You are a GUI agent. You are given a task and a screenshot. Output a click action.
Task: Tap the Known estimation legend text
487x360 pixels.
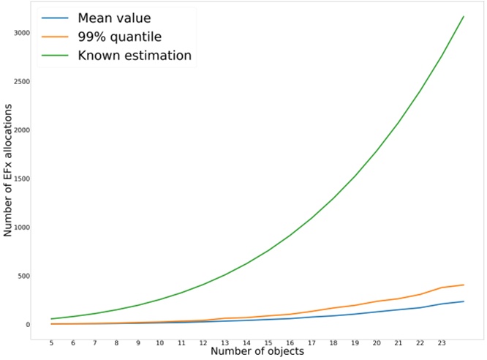pos(135,55)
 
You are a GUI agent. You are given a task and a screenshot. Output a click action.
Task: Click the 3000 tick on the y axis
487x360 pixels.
pos(20,33)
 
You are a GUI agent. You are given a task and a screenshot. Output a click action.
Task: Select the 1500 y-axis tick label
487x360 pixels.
pos(20,179)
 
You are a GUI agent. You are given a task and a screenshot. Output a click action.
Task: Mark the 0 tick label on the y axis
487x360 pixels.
pos(26,325)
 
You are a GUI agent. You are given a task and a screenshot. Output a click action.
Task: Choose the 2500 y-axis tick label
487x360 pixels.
pos(20,81)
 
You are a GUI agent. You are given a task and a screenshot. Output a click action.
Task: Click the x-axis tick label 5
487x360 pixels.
pos(51,342)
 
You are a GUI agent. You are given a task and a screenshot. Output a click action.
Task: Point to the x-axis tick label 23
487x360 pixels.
pos(441,342)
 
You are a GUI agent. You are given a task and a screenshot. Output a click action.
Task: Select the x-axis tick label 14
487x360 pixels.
pos(246,342)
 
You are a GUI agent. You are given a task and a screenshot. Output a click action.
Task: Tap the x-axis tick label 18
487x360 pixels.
pos(333,342)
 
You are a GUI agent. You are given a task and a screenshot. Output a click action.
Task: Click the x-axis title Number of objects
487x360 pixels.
pos(257,352)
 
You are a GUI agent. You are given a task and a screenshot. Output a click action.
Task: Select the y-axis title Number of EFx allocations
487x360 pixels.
pos(8,170)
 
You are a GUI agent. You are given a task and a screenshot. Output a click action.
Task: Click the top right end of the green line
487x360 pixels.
pos(464,16)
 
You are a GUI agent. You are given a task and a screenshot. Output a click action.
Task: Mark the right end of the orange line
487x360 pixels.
pos(464,285)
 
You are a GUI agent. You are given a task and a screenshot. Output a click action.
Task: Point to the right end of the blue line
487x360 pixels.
pos(464,301)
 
